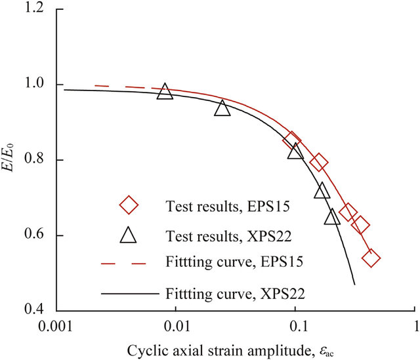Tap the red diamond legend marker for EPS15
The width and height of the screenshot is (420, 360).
tap(129, 206)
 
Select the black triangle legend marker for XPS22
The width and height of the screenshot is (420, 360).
tap(129, 233)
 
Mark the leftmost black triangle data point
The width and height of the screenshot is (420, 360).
tap(165, 92)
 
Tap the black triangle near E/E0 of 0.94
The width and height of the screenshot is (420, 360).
tap(222, 108)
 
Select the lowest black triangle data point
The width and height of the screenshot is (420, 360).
tap(333, 216)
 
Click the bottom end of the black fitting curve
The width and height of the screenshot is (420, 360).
tap(354, 284)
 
